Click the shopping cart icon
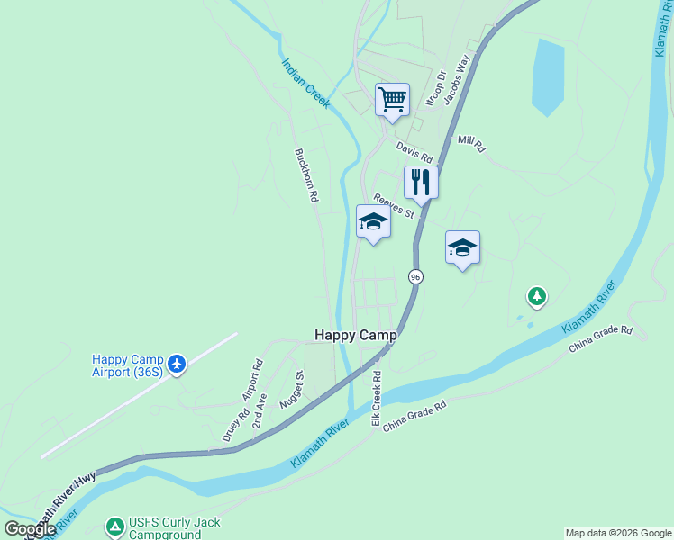[x=392, y=99]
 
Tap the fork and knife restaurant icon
[x=421, y=183]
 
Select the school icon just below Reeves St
[x=373, y=222]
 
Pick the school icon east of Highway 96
[x=462, y=247]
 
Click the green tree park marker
[x=537, y=295]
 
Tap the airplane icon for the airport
[x=177, y=364]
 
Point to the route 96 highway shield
[x=414, y=277]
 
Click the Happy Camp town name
[x=355, y=334]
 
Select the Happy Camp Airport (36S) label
[x=129, y=364]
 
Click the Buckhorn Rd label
[x=307, y=175]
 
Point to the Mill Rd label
[x=471, y=143]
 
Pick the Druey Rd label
[x=235, y=427]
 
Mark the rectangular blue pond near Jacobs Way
[x=547, y=77]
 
